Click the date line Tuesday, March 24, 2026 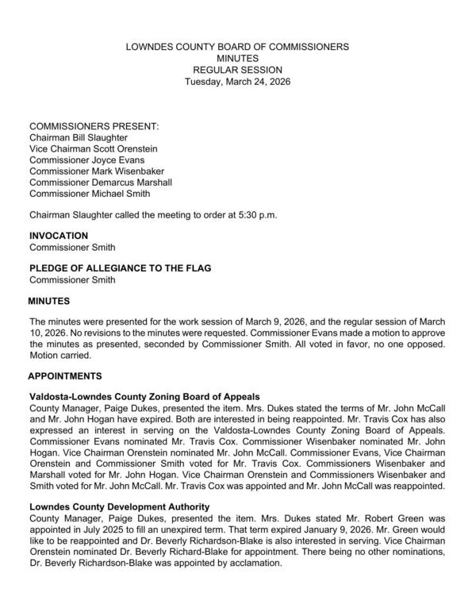(237, 82)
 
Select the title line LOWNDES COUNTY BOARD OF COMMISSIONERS (237, 48)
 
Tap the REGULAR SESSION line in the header (237, 71)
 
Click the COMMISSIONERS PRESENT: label (94, 126)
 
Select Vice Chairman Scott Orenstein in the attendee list (94, 148)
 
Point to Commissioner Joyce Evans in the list (86, 160)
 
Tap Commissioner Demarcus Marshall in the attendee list (101, 182)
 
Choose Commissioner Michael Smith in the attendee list (89, 193)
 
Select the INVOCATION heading (59, 236)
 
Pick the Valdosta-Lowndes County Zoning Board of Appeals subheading (145, 396)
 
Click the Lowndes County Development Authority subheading (119, 506)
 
